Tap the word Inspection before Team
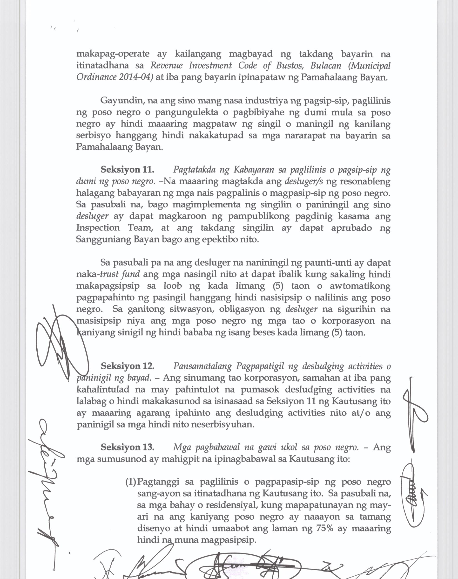pos(98,228)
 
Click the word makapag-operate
pos(113,54)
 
